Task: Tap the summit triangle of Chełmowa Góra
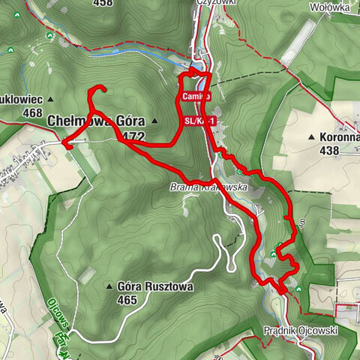(154, 121)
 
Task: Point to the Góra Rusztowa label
(155, 286)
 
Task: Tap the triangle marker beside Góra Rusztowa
(109, 286)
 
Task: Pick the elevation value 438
(328, 150)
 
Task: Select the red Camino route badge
(193, 97)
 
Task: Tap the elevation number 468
(32, 112)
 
